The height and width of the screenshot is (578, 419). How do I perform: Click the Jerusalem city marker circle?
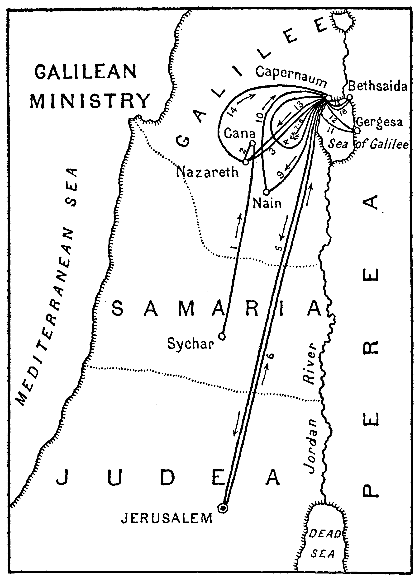click(223, 508)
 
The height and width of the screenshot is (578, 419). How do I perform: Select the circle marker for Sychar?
click(222, 337)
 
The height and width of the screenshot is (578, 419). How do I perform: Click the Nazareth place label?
click(207, 172)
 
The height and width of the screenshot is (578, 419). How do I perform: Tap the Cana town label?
click(239, 133)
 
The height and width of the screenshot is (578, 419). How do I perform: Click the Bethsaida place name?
click(378, 86)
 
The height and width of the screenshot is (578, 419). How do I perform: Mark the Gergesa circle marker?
click(357, 131)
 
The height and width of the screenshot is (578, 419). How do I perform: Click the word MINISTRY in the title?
click(90, 101)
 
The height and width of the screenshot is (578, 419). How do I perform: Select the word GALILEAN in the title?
click(86, 72)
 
